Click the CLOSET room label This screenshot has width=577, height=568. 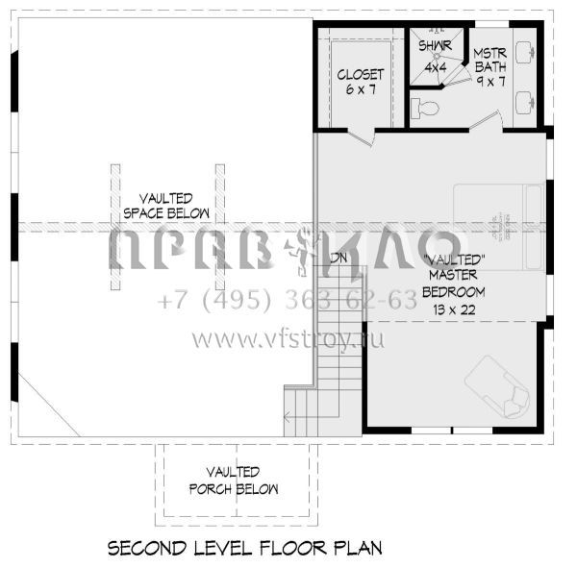[x=361, y=74]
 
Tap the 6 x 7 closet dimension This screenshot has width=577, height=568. [x=361, y=89]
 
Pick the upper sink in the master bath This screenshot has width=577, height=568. [x=526, y=52]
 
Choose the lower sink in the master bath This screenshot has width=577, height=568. [x=526, y=101]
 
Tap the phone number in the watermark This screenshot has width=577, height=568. [x=288, y=301]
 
